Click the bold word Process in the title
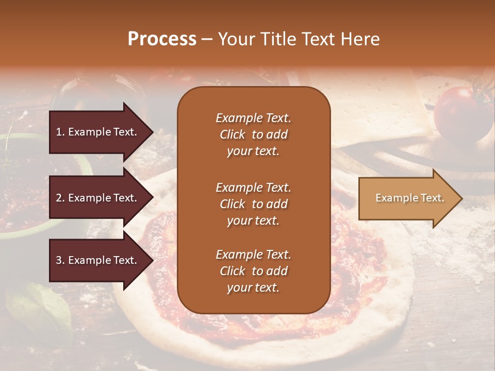(162, 39)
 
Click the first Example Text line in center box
(253, 118)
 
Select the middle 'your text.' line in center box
(253, 221)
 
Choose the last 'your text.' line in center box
(253, 288)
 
